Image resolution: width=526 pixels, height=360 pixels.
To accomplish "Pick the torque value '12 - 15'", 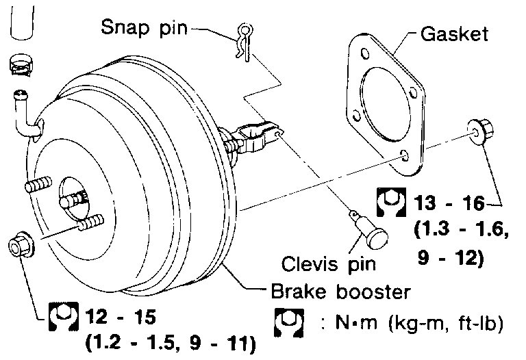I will click(121, 318).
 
